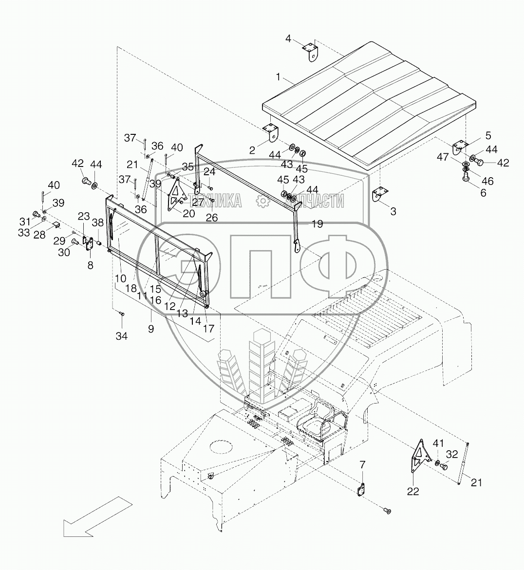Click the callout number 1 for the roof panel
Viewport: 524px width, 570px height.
pos(278,76)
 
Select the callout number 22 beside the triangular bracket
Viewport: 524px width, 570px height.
pos(413,492)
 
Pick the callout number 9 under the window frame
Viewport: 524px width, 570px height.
pos(151,329)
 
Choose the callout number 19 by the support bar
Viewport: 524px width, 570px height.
pos(317,224)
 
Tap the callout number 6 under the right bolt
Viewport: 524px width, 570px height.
pos(483,192)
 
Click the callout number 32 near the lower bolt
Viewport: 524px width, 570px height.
pos(452,454)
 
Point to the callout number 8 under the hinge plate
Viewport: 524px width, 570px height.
pos(90,265)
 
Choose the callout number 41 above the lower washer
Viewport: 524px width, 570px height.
pos(438,443)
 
